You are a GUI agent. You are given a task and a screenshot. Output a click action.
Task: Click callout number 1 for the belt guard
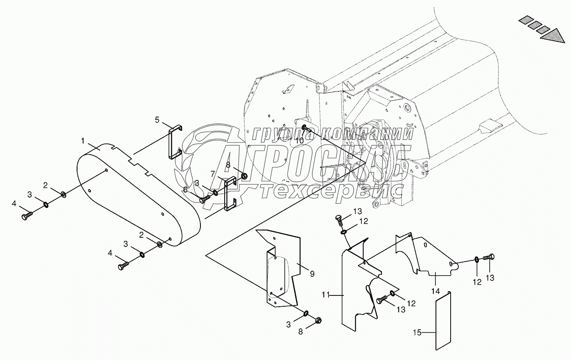point(82,141)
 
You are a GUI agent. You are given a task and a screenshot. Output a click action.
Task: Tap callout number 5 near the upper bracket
point(158,120)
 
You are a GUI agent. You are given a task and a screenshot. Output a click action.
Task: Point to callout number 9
point(312,273)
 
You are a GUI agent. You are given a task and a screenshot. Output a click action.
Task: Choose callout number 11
point(326,295)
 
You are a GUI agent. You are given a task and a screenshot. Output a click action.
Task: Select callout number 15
point(417,333)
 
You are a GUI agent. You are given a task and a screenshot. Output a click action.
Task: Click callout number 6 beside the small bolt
point(185,189)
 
